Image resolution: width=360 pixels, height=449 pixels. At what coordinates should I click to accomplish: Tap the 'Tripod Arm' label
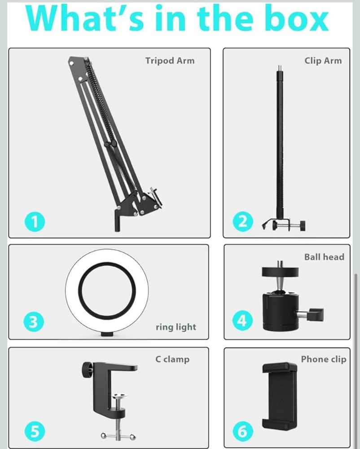point(170,61)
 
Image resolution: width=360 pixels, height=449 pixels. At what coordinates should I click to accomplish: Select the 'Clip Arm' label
point(323,61)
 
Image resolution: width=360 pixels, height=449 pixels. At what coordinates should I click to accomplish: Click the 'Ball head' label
point(324,257)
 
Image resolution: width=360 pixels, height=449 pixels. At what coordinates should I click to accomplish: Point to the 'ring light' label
point(176,327)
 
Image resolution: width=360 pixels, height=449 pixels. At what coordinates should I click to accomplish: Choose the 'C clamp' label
point(176,359)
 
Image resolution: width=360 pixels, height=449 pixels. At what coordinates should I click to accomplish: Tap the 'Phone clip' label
point(323,359)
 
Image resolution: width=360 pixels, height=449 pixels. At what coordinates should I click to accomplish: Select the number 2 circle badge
point(242,221)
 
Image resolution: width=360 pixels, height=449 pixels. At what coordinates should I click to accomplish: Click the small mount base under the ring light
point(107,334)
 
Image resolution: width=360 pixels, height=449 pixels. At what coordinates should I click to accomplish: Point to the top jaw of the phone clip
point(280,368)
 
